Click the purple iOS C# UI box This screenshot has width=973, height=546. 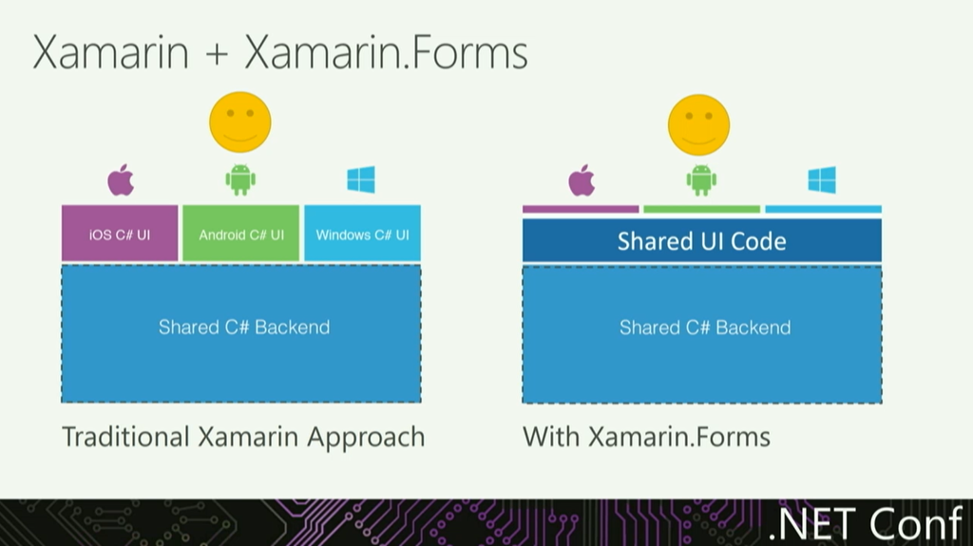point(120,234)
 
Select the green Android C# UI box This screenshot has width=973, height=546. point(240,234)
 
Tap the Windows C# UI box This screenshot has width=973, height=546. point(362,234)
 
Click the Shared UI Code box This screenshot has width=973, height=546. point(701,240)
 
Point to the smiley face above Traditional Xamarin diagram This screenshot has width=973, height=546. point(240,122)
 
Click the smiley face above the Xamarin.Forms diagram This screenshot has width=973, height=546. point(698,124)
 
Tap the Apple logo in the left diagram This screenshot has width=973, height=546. point(121,179)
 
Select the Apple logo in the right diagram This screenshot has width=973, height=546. point(582,180)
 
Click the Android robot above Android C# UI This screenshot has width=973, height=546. point(240,179)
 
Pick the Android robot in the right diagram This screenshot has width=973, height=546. point(701,180)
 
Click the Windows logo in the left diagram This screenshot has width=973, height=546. point(361,179)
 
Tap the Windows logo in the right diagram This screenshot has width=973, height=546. point(822,180)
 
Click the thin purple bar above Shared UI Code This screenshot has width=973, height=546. point(581,209)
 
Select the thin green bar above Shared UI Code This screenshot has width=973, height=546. point(701,209)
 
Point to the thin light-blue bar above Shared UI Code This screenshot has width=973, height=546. point(823,209)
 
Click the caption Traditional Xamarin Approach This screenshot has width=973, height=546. point(243,437)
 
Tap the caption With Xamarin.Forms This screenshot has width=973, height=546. point(646,437)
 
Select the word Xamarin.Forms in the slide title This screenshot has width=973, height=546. point(386,53)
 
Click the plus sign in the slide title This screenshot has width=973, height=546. point(217,55)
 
